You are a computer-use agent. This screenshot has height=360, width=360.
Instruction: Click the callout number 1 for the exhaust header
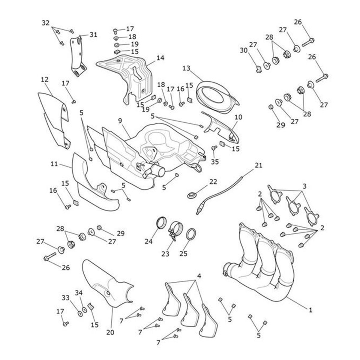[x=310, y=310]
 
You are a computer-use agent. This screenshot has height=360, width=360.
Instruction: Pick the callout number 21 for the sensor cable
[x=258, y=165]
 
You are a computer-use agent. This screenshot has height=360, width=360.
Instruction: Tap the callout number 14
[x=160, y=58]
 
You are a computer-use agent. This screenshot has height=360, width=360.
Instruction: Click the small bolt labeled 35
[x=214, y=148]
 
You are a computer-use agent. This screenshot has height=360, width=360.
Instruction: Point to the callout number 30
[x=244, y=51]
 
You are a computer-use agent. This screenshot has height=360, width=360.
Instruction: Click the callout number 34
[x=78, y=292]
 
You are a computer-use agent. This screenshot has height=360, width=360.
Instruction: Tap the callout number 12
[x=44, y=79]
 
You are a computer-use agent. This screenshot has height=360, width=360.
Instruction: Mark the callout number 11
[x=54, y=164]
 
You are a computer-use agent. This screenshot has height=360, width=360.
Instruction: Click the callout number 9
[x=120, y=121]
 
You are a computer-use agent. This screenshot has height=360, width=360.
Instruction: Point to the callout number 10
[x=238, y=117]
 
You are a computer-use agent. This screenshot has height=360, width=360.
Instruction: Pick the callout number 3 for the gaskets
[x=304, y=186]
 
